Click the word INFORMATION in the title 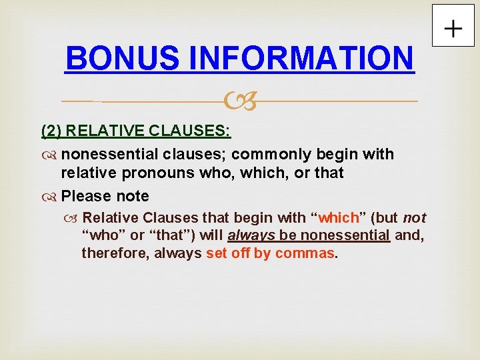(x=301, y=58)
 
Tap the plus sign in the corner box (x=453, y=29)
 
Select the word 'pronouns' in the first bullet (x=145, y=173)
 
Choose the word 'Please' (x=86, y=197)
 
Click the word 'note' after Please (x=132, y=197)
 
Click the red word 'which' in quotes (x=339, y=217)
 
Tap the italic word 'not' (x=414, y=217)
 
